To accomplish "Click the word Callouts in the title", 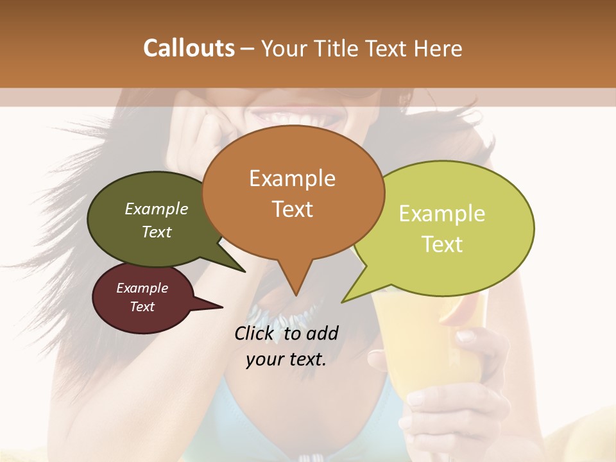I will (189, 49).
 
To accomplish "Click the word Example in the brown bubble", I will (293, 178).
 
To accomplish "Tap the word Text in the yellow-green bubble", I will (443, 244).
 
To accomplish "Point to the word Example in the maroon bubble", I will (142, 288).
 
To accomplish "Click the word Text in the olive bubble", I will (157, 232).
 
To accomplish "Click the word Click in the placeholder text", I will (254, 333).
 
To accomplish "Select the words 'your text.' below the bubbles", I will (286, 359).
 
